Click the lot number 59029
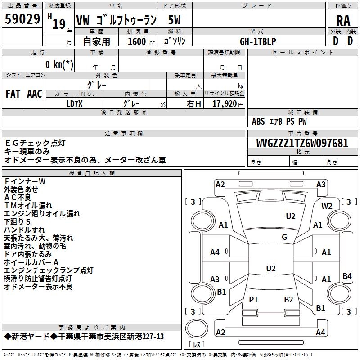click(22, 19)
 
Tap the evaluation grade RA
click(343, 20)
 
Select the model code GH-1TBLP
click(258, 41)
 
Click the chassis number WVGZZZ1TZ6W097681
click(302, 144)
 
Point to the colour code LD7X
click(74, 103)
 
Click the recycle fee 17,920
click(224, 103)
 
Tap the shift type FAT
click(13, 94)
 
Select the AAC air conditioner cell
click(35, 94)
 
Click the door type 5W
click(174, 20)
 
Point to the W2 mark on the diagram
click(327, 206)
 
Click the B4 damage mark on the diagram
click(347, 276)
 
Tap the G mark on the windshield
click(284, 237)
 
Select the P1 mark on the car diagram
click(253, 299)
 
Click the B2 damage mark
click(288, 299)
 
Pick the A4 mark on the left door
click(215, 252)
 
